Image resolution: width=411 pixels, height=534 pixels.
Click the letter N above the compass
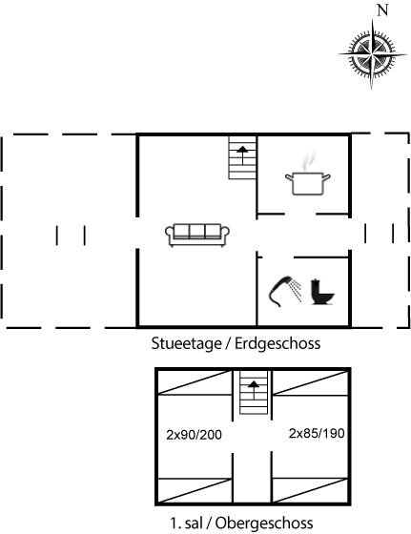tap(382, 10)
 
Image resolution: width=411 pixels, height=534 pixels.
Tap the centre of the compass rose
tap(373, 54)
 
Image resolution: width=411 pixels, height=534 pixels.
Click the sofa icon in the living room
tap(197, 235)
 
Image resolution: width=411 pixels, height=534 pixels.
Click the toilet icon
tap(322, 292)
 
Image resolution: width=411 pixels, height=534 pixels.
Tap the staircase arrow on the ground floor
tap(242, 155)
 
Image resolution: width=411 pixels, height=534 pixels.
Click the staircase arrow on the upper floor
tap(254, 390)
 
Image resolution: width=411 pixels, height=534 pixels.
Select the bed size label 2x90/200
tap(194, 435)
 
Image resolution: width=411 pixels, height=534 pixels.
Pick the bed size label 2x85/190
tap(317, 434)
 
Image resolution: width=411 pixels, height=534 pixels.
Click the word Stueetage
tap(187, 343)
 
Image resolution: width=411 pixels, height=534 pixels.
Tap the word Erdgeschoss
tap(277, 343)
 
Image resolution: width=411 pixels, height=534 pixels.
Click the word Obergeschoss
tap(264, 523)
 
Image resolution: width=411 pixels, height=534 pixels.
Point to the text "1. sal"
tap(186, 523)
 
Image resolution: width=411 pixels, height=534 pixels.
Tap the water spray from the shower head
tap(297, 291)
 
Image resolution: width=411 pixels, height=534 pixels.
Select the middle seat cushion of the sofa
tap(197, 231)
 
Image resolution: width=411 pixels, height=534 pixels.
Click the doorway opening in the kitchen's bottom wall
tap(300, 215)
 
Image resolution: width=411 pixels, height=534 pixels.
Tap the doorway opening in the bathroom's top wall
tap(277, 257)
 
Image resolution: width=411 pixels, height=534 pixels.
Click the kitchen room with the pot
tap(303, 175)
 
